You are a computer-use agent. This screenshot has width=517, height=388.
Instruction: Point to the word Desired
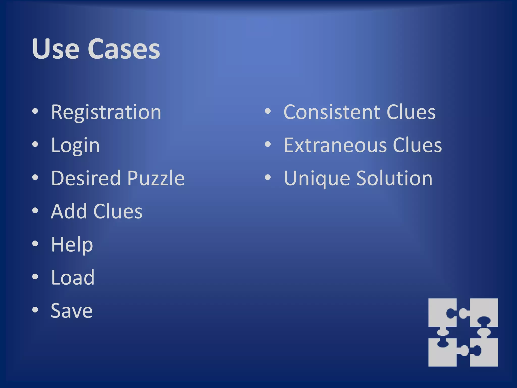[86, 178]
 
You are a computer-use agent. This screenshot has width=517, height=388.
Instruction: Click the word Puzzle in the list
[156, 178]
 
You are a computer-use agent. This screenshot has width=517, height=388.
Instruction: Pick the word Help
[72, 245]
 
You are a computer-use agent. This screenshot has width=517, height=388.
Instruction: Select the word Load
[73, 277]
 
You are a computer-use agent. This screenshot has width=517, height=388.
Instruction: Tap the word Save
[72, 310]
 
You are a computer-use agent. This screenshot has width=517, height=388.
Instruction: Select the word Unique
[317, 179]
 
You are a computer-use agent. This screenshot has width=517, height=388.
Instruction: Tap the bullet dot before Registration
[35, 111]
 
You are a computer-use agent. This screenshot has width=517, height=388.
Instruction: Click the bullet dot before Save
[35, 310]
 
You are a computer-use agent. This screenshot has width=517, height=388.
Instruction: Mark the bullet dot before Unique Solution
[268, 178]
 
